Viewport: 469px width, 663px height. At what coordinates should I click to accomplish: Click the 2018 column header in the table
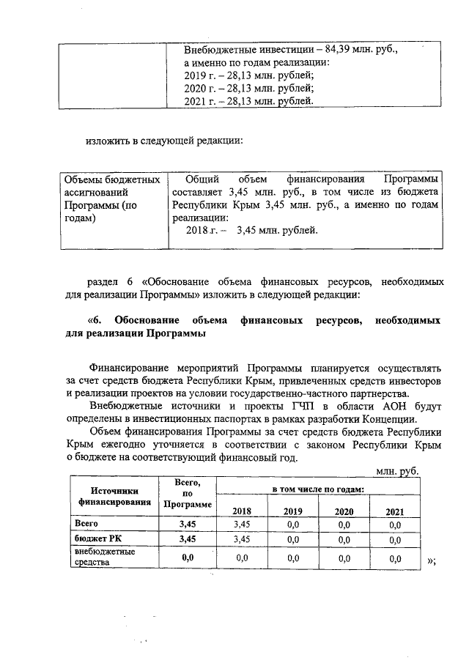240,511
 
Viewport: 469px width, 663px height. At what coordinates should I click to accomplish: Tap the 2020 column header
344,511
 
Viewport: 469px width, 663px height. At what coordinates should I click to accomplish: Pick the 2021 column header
395,511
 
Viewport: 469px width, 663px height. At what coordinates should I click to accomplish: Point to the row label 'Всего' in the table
86,525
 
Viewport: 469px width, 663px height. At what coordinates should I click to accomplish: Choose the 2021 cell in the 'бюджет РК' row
395,539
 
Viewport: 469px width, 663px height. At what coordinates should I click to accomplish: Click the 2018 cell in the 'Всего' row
240,525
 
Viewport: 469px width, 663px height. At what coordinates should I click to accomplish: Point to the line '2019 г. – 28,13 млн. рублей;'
249,75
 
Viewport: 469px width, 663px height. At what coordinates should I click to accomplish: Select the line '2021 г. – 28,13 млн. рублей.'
249,101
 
